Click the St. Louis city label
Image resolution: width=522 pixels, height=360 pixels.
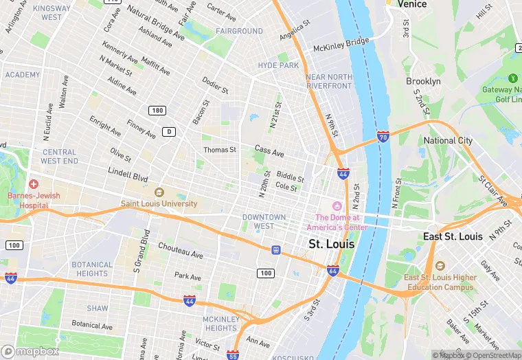(x=332, y=244)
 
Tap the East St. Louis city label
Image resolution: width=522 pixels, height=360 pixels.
(x=453, y=236)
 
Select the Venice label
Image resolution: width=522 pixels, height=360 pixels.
(x=411, y=4)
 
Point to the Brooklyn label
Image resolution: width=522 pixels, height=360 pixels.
(x=423, y=81)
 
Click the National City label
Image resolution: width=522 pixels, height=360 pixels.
(x=448, y=141)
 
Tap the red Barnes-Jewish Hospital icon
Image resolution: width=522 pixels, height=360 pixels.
(x=34, y=184)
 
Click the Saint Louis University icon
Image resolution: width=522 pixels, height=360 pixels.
(x=159, y=193)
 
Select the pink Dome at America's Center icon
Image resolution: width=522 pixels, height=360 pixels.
(x=337, y=206)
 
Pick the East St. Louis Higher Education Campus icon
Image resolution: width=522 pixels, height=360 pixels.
(x=440, y=266)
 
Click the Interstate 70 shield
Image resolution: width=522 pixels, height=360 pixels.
(x=383, y=138)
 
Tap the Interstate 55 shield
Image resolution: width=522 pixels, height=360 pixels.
(x=234, y=356)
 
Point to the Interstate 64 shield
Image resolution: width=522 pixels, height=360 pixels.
(x=333, y=270)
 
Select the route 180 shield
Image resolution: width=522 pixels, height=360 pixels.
(x=157, y=111)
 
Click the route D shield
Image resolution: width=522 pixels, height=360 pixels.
(x=168, y=131)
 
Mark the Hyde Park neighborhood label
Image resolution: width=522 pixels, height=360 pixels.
(x=278, y=65)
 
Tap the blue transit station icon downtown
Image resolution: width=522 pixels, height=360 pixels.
(x=276, y=250)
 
